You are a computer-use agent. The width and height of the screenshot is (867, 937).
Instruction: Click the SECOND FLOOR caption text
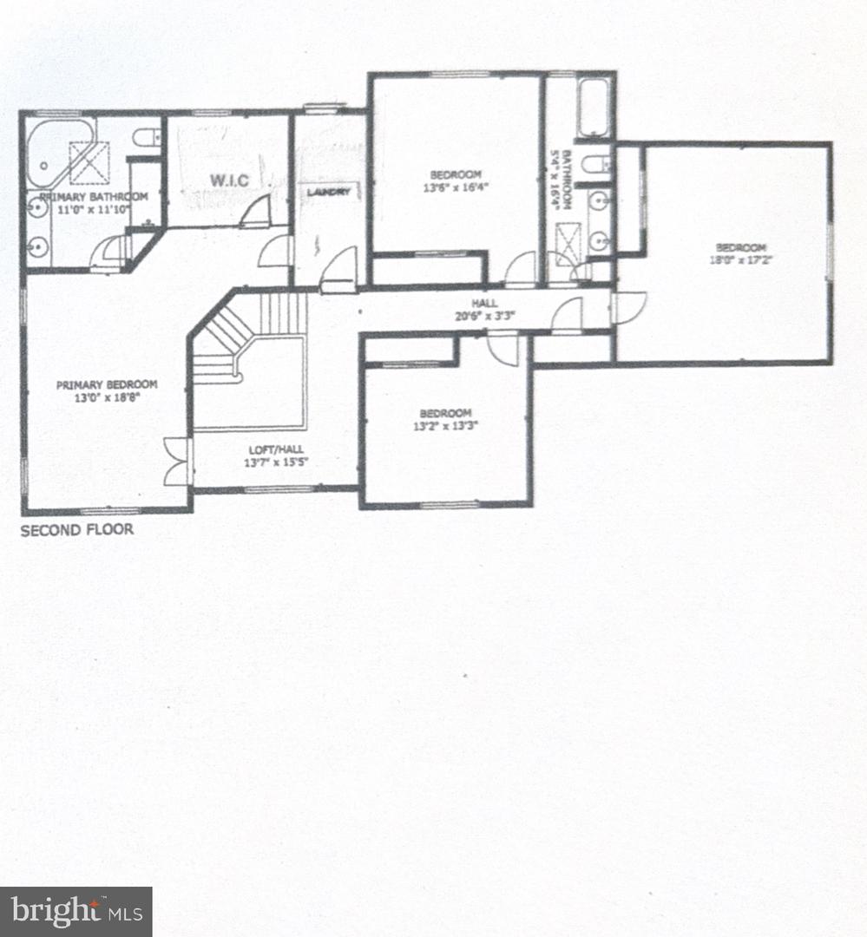click(77, 529)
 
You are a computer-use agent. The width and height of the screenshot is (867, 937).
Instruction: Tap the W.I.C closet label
click(227, 180)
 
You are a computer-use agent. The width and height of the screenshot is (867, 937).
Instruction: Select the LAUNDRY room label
click(329, 192)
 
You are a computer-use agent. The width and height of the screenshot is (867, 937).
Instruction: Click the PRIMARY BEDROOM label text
click(107, 384)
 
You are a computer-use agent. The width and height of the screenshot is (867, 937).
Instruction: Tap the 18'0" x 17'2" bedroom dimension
click(728, 259)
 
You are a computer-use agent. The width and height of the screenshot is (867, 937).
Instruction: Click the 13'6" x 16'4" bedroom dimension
click(456, 187)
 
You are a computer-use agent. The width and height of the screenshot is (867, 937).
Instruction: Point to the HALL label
click(484, 303)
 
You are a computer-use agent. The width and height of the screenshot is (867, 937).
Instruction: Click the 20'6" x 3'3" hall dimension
click(484, 316)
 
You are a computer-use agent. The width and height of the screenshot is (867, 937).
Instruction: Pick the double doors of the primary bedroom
click(176, 461)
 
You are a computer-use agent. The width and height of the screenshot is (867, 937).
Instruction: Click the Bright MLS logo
click(76, 911)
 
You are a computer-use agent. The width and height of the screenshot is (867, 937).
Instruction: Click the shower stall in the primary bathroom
click(89, 162)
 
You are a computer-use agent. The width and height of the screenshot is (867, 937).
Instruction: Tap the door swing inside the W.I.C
click(257, 213)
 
